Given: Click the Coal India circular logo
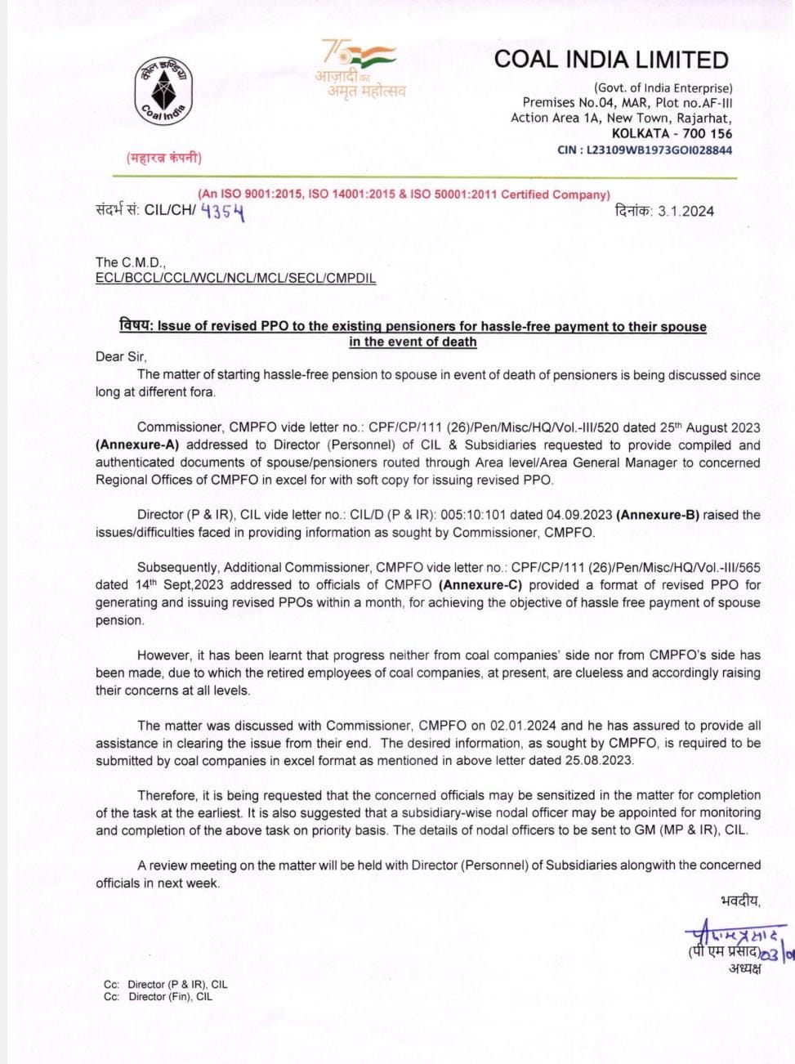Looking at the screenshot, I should [x=163, y=92].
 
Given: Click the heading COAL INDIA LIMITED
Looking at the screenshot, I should [x=611, y=60].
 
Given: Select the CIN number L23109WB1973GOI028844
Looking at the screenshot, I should [x=659, y=150].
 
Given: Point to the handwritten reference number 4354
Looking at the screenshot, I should [x=222, y=212].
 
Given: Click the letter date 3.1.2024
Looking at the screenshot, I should [x=686, y=211].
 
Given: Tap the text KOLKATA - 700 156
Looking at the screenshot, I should [x=672, y=133].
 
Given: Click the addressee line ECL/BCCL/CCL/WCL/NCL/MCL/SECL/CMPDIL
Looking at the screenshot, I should [x=235, y=278].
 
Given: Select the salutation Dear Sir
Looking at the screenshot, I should [x=121, y=356].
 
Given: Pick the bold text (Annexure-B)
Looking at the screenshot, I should [x=658, y=515].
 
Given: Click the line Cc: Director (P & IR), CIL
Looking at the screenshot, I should [x=165, y=985].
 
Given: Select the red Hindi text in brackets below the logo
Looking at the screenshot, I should [x=163, y=158].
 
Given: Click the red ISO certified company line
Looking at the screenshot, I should [x=404, y=194].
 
